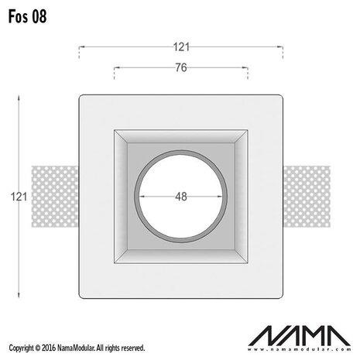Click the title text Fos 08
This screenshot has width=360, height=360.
[24, 17]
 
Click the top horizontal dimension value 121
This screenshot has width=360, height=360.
[180, 47]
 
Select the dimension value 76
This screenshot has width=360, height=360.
[180, 67]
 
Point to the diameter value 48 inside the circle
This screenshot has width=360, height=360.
[180, 197]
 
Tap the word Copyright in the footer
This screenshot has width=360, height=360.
[21, 348]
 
